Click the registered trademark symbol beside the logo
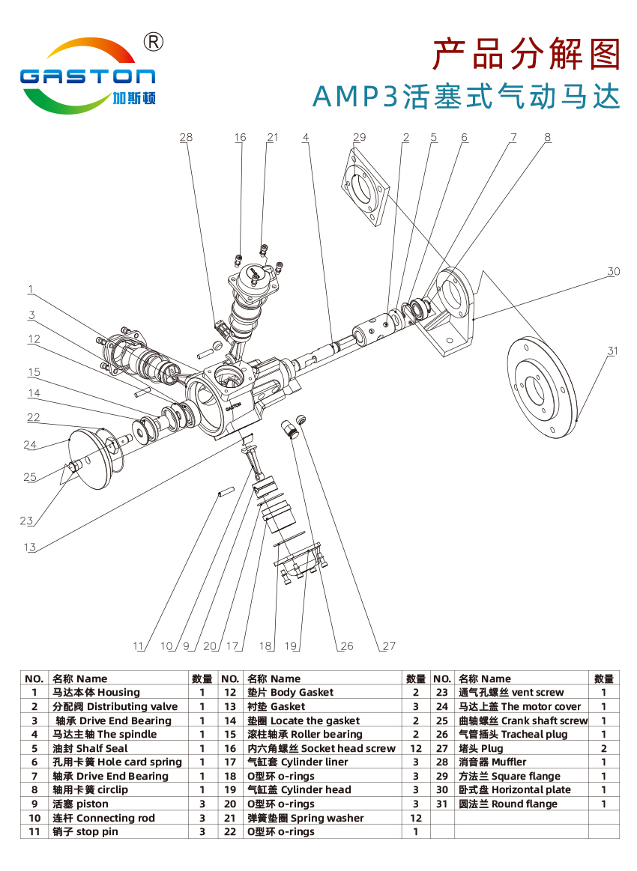coord(154,42)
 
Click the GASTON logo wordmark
coord(87,76)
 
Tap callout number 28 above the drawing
coord(186,137)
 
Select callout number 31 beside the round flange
coord(612,350)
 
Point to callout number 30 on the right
coord(613,271)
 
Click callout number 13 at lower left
coord(29,547)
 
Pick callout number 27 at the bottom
coord(389,646)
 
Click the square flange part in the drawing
coord(363,186)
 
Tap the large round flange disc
coord(543,387)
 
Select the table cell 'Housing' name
coord(96,692)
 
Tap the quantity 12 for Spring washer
coord(415,818)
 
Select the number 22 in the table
coord(230,831)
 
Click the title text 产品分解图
coord(526,55)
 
